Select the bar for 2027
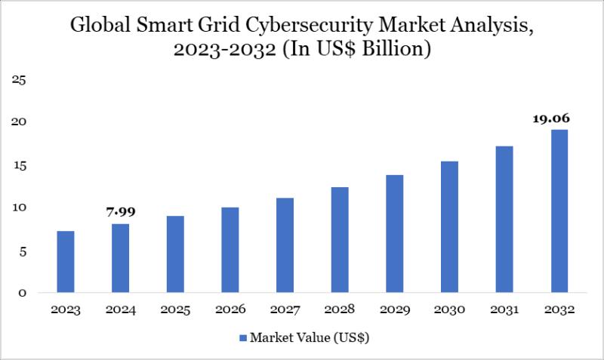(x=285, y=245)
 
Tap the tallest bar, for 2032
(x=559, y=211)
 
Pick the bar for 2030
(x=449, y=226)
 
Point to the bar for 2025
(x=175, y=254)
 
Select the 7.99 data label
(x=121, y=212)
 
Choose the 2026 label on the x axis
(x=230, y=310)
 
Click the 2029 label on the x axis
(x=394, y=310)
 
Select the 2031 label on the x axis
(x=504, y=310)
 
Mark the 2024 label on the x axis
(x=121, y=310)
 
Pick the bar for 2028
(x=340, y=240)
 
